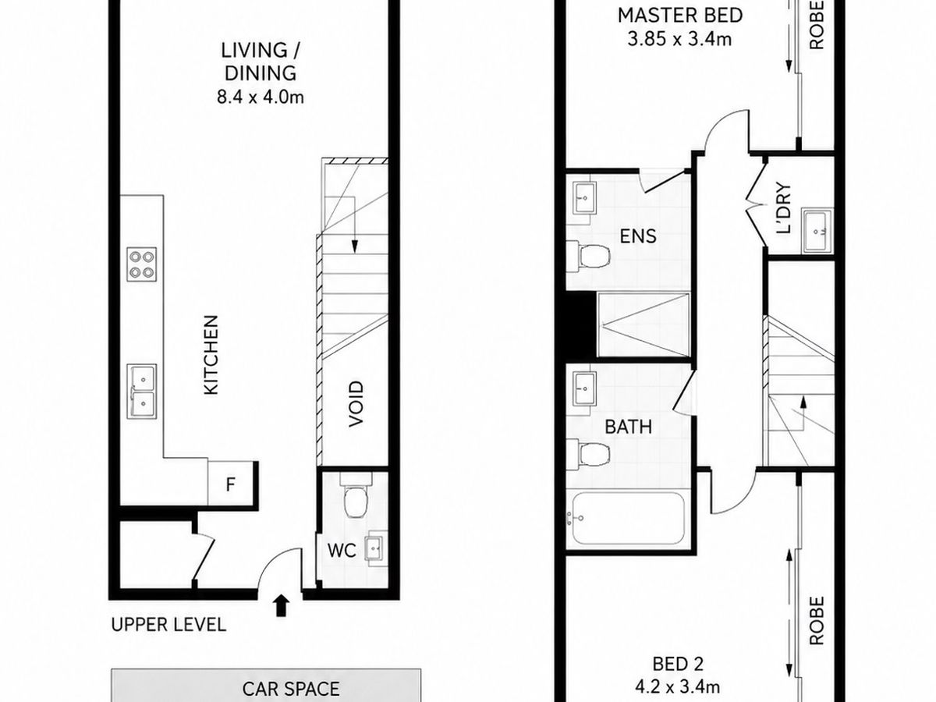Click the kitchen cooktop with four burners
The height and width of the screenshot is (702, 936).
[142, 264]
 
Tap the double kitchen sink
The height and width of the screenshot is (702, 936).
[142, 392]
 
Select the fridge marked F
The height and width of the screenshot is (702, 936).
[230, 484]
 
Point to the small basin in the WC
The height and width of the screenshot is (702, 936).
[375, 548]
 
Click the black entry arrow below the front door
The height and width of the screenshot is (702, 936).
[281, 606]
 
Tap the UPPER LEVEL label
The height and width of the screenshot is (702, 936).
[168, 625]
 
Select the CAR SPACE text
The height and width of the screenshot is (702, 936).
[291, 689]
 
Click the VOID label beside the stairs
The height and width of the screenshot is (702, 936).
[356, 403]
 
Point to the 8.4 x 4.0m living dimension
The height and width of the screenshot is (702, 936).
[260, 97]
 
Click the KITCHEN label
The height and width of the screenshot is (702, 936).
[211, 355]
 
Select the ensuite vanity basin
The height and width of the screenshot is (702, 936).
[583, 198]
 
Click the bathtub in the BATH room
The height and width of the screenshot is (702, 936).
[628, 518]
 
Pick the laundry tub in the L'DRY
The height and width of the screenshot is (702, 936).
[817, 231]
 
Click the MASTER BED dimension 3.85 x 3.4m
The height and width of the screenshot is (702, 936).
[679, 39]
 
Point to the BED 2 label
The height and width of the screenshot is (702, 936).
[678, 664]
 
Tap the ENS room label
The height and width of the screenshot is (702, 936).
[637, 236]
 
